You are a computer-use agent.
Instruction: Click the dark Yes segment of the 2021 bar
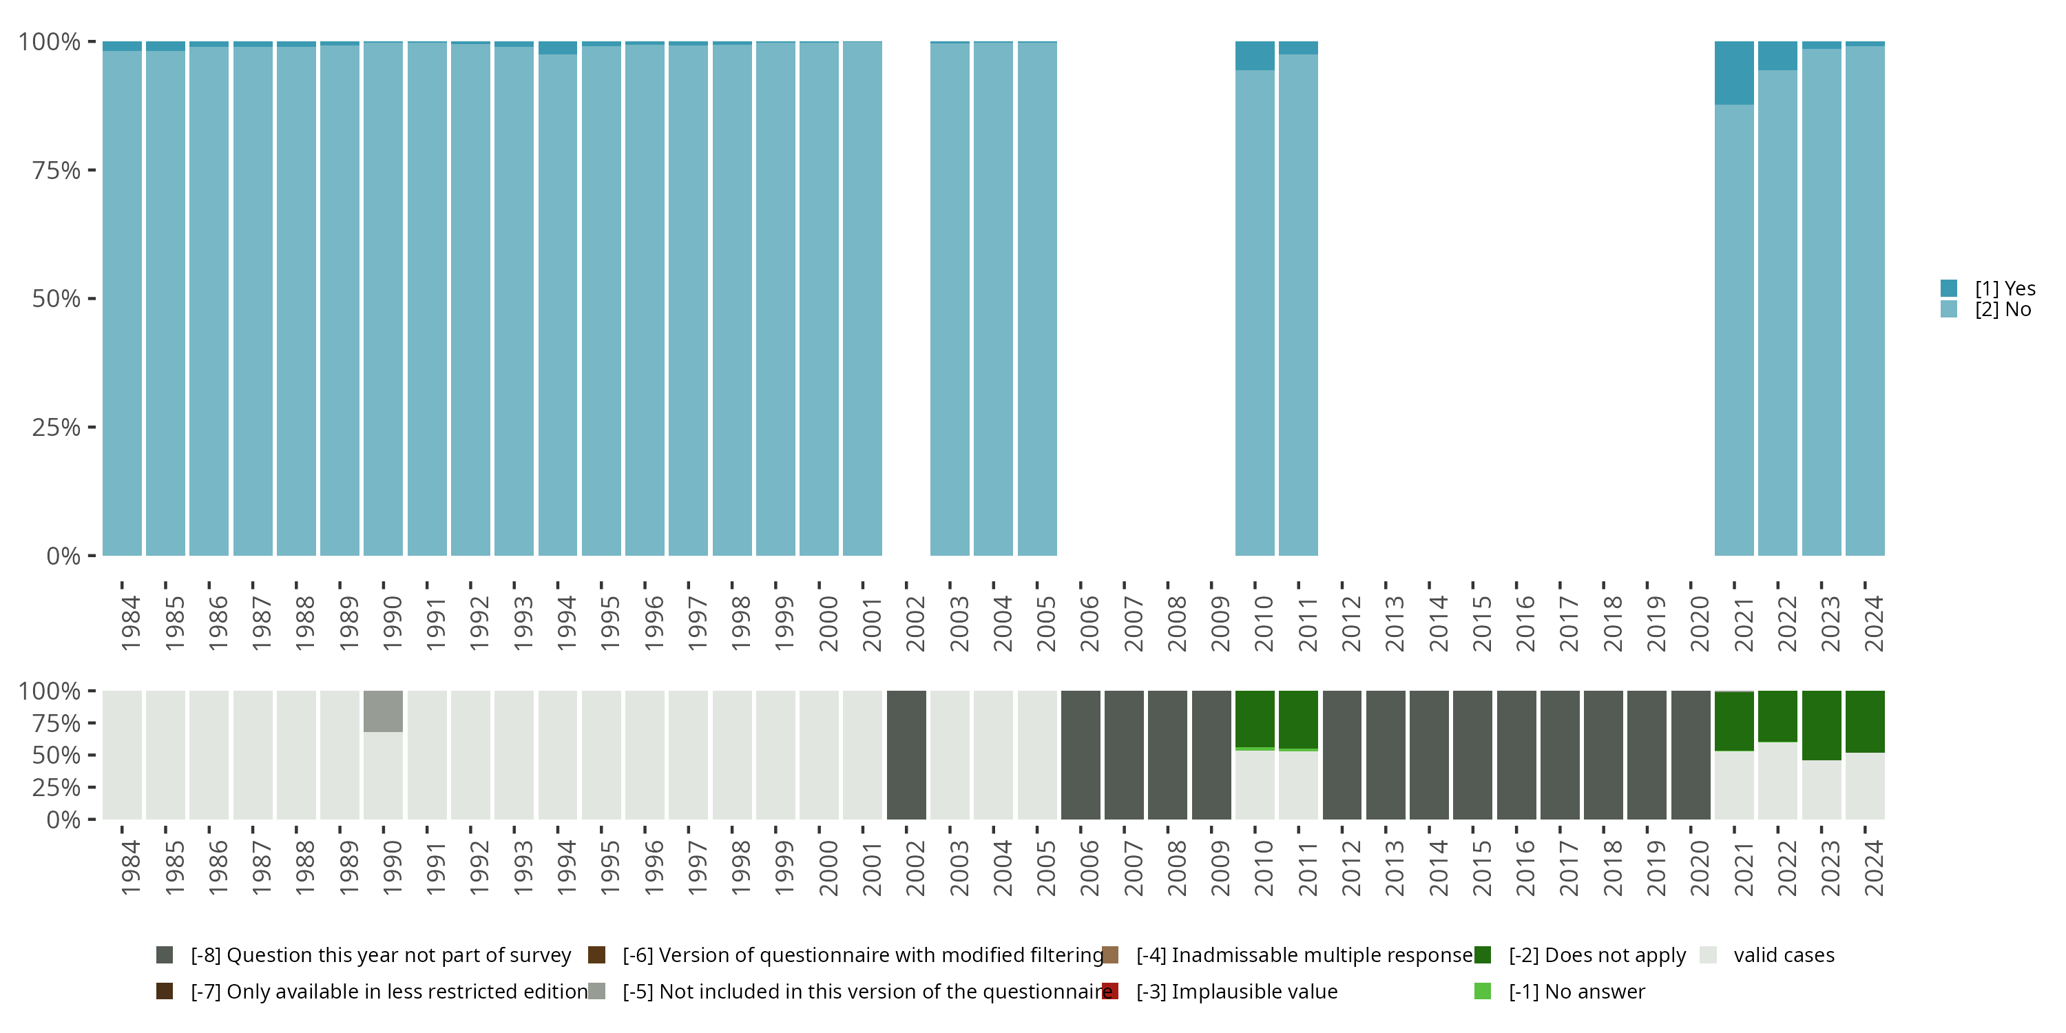(x=1734, y=73)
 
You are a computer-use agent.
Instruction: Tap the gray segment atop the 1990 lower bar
(x=384, y=711)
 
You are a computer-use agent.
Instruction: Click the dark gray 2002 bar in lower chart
(x=906, y=755)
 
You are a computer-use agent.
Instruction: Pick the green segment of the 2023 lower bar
(x=1822, y=725)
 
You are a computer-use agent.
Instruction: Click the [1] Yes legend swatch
(x=1949, y=288)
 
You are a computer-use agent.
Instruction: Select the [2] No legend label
(x=2003, y=310)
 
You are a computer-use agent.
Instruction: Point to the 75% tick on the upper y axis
(x=92, y=170)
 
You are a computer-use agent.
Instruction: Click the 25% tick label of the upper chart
(x=56, y=428)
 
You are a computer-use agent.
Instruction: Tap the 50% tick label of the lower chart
(x=56, y=755)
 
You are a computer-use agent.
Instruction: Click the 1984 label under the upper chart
(x=131, y=623)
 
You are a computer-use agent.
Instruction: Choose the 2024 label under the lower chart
(x=1873, y=868)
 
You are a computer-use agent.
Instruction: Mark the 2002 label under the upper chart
(x=915, y=623)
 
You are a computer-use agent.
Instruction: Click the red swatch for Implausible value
(x=1110, y=991)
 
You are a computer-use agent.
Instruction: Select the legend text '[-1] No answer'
(x=1576, y=991)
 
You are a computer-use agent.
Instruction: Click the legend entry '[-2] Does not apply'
(x=1596, y=955)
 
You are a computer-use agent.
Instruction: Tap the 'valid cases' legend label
(x=1784, y=955)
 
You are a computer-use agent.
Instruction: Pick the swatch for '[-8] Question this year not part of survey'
(x=165, y=955)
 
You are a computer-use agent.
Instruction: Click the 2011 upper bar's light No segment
(x=1298, y=305)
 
